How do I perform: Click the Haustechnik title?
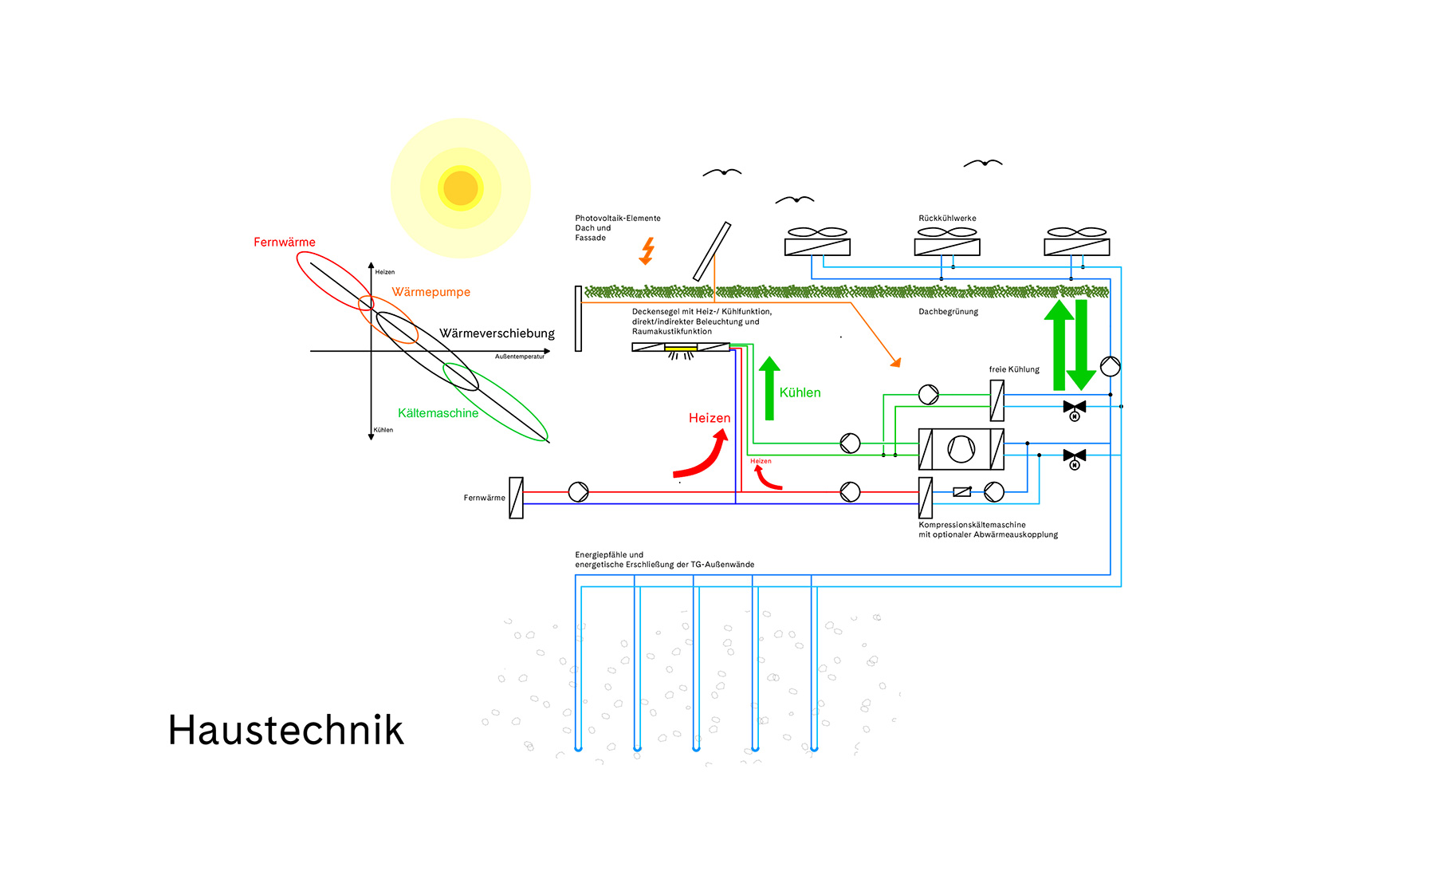click(x=285, y=731)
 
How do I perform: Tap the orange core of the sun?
click(x=460, y=188)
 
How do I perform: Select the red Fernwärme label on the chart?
click(x=284, y=242)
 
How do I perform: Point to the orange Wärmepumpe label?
click(x=431, y=292)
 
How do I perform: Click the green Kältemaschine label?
click(x=438, y=413)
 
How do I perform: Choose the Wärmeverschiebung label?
click(x=497, y=333)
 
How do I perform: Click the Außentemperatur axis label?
click(x=519, y=357)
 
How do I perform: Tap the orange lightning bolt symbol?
click(x=647, y=250)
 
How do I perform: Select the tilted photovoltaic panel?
click(x=711, y=251)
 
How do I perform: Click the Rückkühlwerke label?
click(x=947, y=219)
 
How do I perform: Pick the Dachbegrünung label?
click(x=948, y=312)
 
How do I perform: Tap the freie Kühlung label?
click(x=1014, y=369)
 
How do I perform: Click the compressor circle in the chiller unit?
click(x=961, y=449)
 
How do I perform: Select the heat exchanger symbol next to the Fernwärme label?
click(x=517, y=498)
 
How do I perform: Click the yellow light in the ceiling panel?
click(x=681, y=348)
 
